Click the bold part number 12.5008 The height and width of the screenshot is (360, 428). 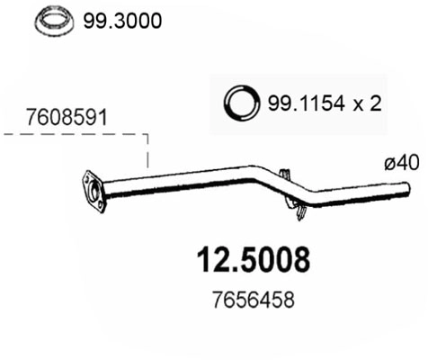[x=253, y=259]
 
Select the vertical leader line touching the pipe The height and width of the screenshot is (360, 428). [x=147, y=155]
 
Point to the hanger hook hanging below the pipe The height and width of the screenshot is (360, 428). [x=298, y=211]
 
